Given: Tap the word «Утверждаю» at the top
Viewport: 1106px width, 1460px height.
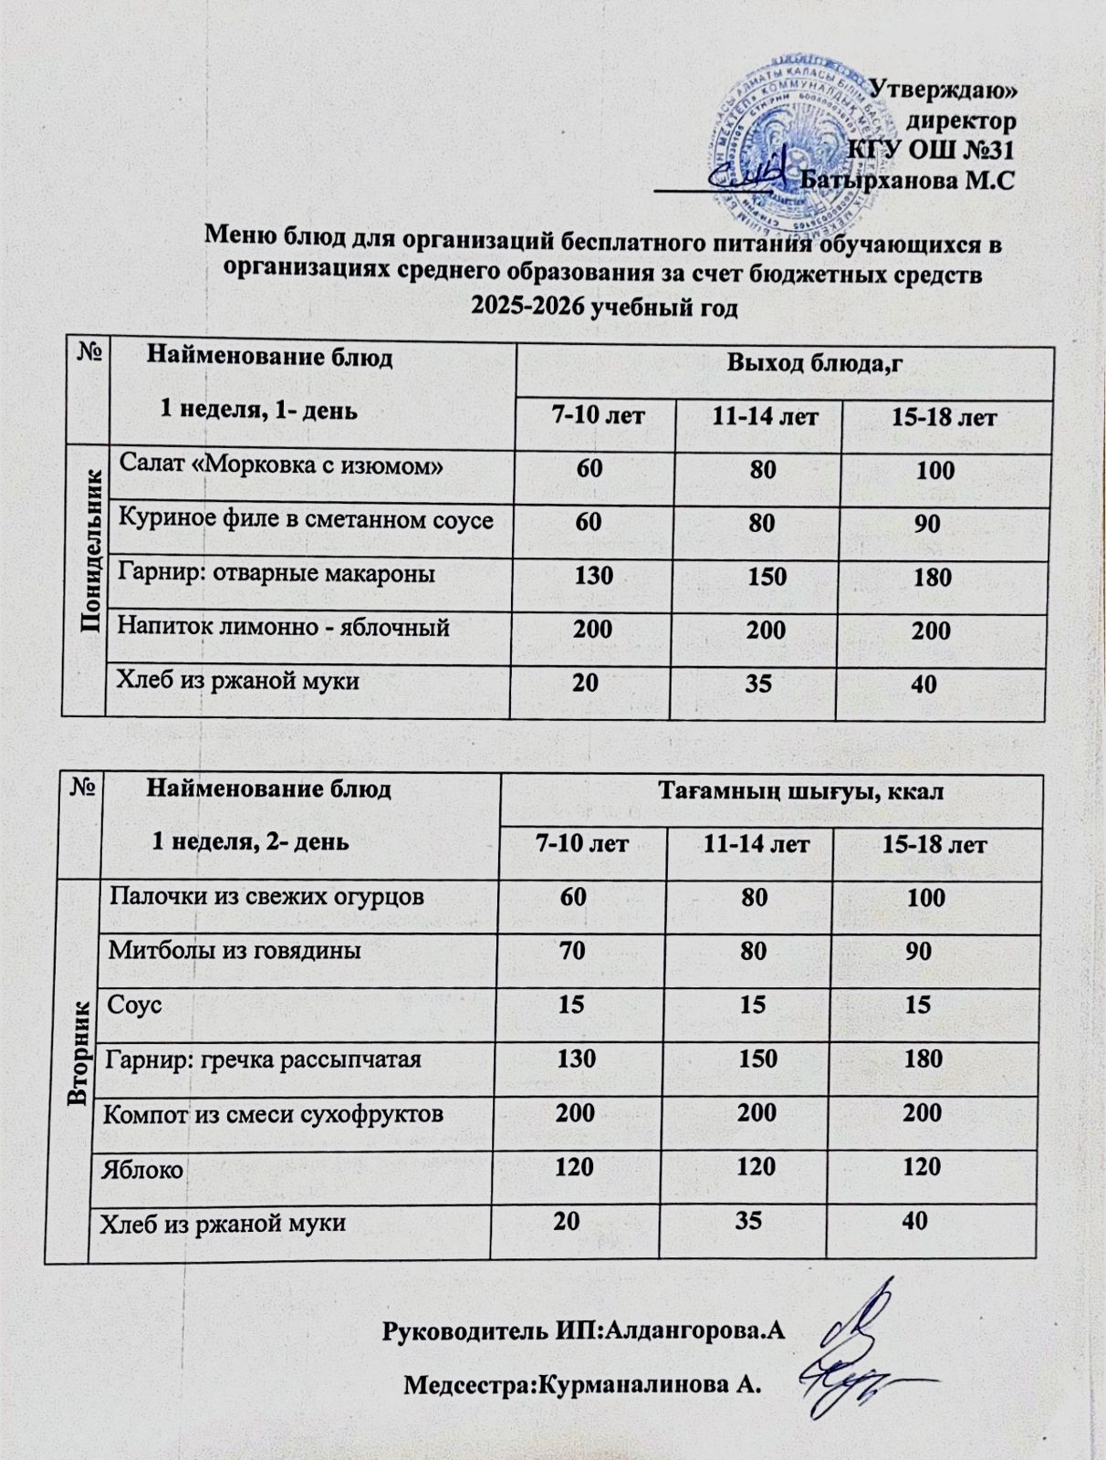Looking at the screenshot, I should coord(944,89).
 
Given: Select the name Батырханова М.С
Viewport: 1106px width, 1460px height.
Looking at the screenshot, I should coord(907,179).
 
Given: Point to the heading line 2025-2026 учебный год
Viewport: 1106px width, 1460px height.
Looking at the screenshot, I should coord(603,306).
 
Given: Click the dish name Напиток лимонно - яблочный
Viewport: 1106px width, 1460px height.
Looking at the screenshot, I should coord(284,628).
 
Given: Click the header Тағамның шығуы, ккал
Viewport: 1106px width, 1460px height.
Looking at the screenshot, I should coord(801,791).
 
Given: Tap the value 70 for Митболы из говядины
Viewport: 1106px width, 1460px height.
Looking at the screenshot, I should coord(572,951).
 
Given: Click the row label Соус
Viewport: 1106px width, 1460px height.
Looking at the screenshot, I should coord(134,1005).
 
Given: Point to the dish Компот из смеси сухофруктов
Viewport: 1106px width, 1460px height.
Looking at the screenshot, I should coord(274,1113).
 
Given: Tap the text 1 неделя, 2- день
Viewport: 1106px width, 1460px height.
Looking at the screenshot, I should coord(249,840).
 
